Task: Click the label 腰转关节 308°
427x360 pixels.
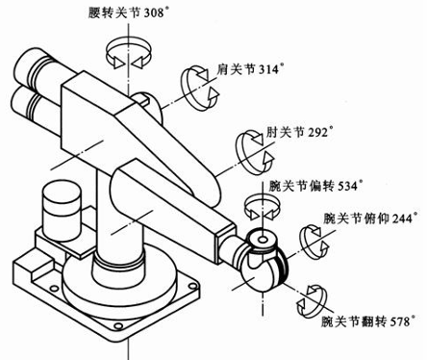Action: pyautogui.click(x=128, y=13)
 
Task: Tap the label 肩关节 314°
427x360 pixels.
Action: pyautogui.click(x=250, y=68)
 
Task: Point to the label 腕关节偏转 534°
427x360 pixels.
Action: pyautogui.click(x=315, y=186)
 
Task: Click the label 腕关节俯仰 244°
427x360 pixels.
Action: pyautogui.click(x=370, y=219)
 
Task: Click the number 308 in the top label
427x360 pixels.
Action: pyautogui.click(x=154, y=13)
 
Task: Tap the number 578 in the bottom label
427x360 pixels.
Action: pyautogui.click(x=400, y=321)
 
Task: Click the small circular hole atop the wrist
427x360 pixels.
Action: pyautogui.click(x=263, y=240)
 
